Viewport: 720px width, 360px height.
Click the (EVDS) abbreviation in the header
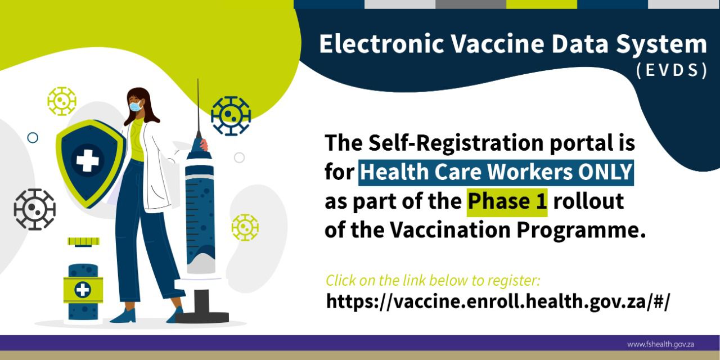pyautogui.click(x=672, y=70)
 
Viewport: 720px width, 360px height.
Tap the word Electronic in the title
pyautogui.click(x=381, y=44)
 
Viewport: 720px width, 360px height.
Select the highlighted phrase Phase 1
pyautogui.click(x=507, y=201)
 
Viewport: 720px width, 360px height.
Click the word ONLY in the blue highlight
pyautogui.click(x=605, y=172)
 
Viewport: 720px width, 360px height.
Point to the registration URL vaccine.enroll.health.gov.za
pyautogui.click(x=498, y=301)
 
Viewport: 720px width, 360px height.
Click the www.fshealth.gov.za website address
pyautogui.click(x=660, y=345)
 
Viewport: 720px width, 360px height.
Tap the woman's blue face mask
pyautogui.click(x=136, y=106)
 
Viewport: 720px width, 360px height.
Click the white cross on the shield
pyautogui.click(x=87, y=160)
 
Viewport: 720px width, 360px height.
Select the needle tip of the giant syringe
pyautogui.click(x=197, y=80)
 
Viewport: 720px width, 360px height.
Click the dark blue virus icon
pyautogui.click(x=231, y=116)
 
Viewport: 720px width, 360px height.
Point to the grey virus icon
pyautogui.click(x=35, y=209)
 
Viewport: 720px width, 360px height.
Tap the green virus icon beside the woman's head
pyautogui.click(x=62, y=101)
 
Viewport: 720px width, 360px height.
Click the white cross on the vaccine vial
pyautogui.click(x=83, y=290)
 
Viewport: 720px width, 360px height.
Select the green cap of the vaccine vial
pyautogui.click(x=84, y=242)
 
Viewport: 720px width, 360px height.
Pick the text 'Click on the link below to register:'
pyautogui.click(x=433, y=281)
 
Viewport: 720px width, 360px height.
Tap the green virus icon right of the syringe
pyautogui.click(x=245, y=228)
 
